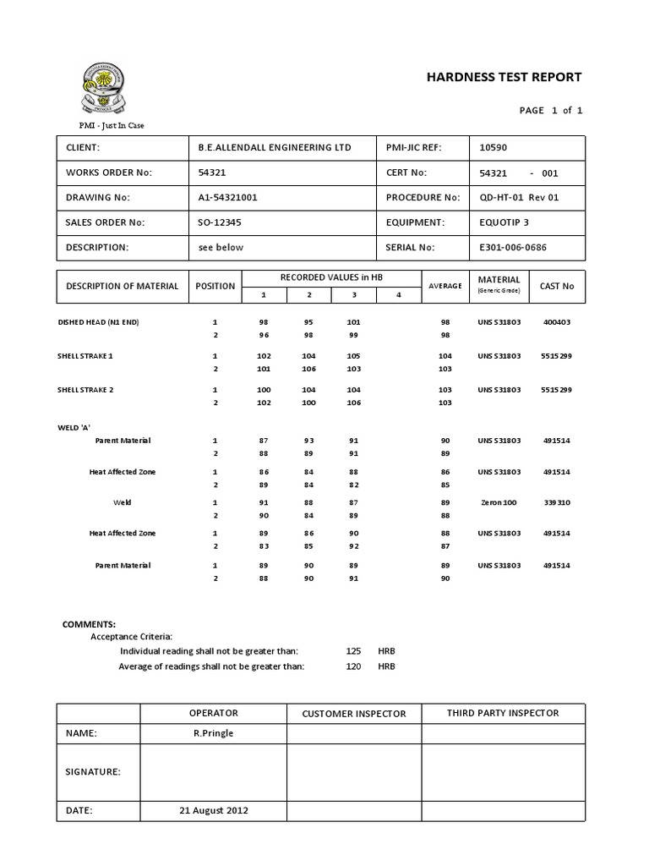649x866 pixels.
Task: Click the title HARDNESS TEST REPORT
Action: click(504, 77)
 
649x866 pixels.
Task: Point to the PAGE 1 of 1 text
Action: click(551, 111)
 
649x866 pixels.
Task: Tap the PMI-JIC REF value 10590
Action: click(494, 147)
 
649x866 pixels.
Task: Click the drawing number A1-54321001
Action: click(227, 197)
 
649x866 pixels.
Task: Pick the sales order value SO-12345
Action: click(220, 222)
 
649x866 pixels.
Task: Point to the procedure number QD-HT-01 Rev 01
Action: click(519, 197)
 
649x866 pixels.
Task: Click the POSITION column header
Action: click(215, 286)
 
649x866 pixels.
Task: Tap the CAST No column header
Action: click(556, 286)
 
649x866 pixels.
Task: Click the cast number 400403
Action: click(557, 322)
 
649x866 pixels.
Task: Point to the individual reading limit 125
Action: click(353, 651)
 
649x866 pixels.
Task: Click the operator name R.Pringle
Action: click(213, 733)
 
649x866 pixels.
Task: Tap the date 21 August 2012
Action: click(214, 809)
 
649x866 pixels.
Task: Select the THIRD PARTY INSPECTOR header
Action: click(503, 713)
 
